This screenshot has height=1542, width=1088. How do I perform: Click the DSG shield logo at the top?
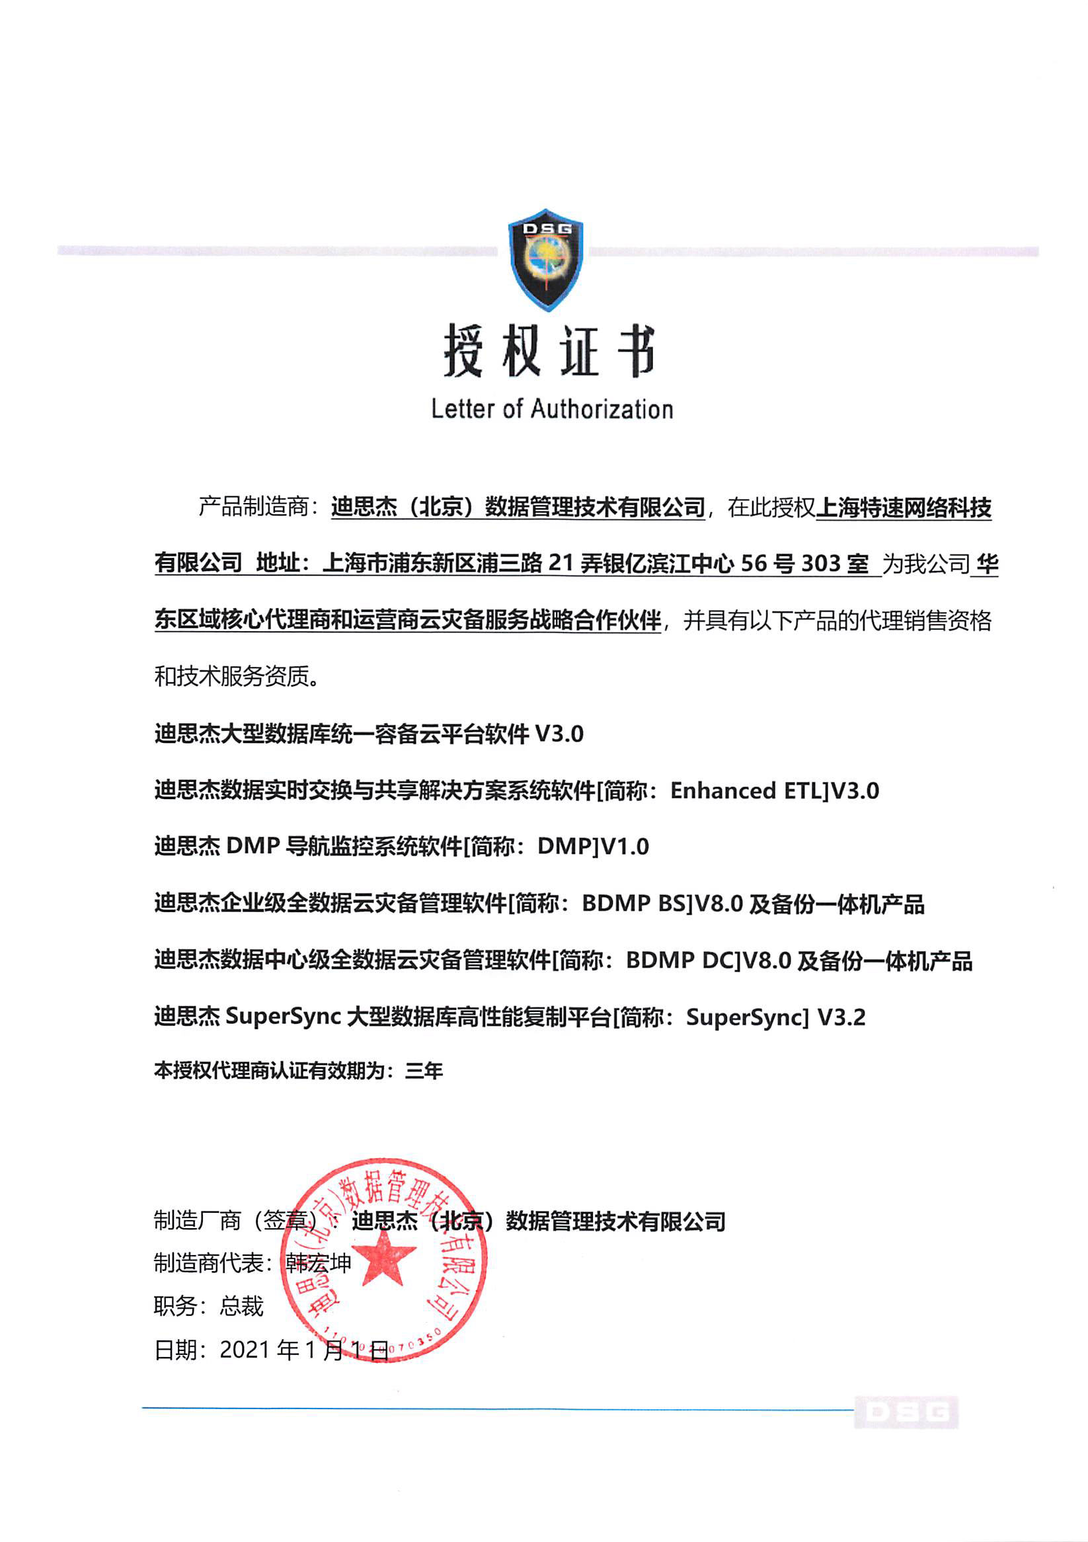click(x=545, y=260)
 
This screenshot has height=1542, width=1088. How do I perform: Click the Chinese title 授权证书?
click(x=549, y=350)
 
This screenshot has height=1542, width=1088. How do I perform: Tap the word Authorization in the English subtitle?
click(x=602, y=409)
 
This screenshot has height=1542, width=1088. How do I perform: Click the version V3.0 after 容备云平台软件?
click(x=559, y=734)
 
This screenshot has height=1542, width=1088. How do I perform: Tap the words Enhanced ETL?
click(x=747, y=791)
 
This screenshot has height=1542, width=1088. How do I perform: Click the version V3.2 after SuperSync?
click(x=841, y=1017)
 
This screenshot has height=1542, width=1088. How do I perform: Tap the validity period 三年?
click(x=424, y=1071)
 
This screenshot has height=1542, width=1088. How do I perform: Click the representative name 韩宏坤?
click(x=319, y=1263)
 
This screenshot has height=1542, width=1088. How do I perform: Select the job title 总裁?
click(x=242, y=1306)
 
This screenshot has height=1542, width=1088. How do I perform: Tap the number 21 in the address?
click(x=560, y=563)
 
